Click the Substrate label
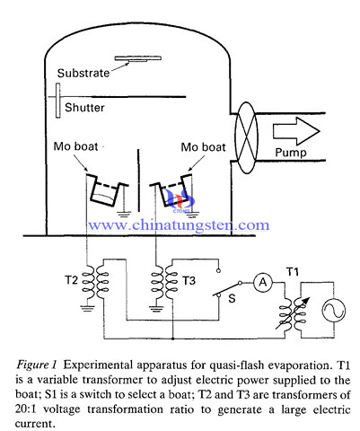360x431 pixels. coord(83,73)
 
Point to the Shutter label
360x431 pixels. coord(84,108)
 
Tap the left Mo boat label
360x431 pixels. coord(75,146)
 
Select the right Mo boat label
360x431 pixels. coord(203,147)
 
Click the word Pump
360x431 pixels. coord(291,153)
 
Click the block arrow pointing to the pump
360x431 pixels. coord(296,131)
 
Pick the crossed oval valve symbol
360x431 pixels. coord(247,137)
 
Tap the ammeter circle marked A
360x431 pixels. coord(263,282)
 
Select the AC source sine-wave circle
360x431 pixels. coord(333,310)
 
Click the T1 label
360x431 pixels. coord(293,272)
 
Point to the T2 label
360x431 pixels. coord(71,280)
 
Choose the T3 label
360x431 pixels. coord(189,281)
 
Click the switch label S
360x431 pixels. coord(232,298)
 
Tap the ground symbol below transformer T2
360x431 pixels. coord(87,308)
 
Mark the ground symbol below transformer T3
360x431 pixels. coord(156,308)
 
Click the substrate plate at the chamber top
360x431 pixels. coord(138,59)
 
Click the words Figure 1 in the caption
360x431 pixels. coord(37,365)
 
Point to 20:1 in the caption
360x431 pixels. coord(26,409)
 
